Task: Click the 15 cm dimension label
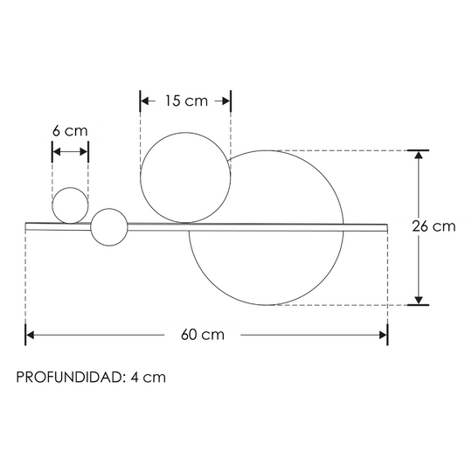click(186, 101)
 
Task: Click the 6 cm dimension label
click(70, 131)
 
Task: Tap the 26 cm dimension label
click(434, 226)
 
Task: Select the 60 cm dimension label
click(203, 335)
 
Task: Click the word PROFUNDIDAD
click(68, 378)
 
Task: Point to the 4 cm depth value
click(148, 378)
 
